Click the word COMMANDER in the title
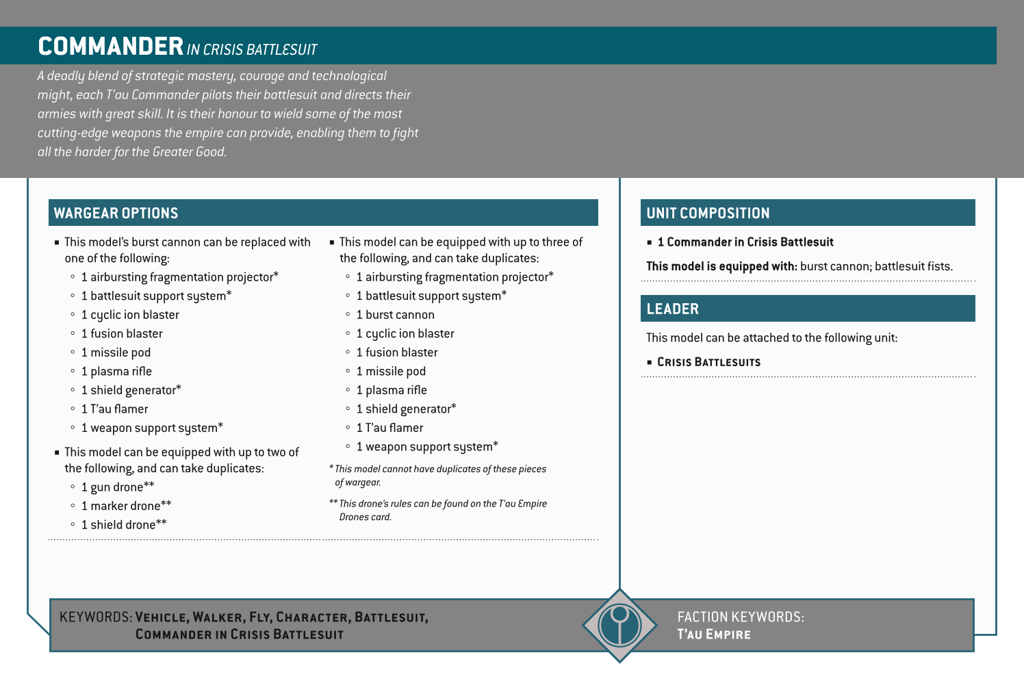110,47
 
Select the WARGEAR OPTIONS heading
116,213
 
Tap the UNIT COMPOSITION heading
708,213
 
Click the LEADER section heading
672,309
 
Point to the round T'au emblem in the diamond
619,625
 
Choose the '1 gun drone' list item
117,487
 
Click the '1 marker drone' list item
126,506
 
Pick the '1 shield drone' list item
123,525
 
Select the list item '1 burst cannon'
395,315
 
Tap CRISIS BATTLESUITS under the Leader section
708,362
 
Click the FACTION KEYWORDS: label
740,617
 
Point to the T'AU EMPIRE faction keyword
713,635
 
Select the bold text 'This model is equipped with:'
721,266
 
